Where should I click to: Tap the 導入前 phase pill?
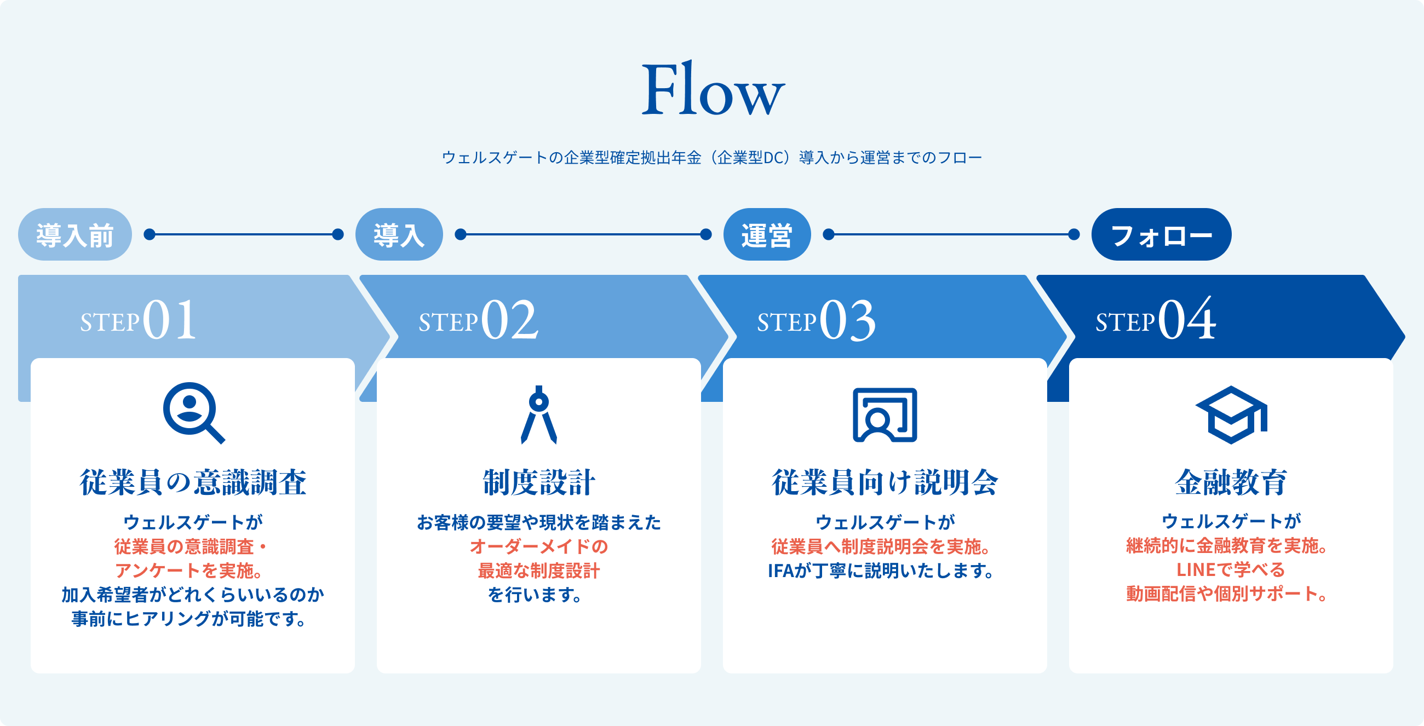tap(74, 234)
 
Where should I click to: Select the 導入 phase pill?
tap(399, 234)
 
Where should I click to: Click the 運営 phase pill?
tap(767, 234)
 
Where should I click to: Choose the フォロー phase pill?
tap(1161, 234)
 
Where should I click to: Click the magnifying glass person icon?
tap(193, 412)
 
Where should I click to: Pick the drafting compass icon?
tap(538, 414)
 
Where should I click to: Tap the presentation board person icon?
tap(885, 414)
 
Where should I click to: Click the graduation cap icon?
tap(1231, 414)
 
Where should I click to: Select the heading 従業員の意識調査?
tap(193, 482)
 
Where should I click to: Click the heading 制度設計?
tap(539, 482)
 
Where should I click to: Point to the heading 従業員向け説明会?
tap(885, 482)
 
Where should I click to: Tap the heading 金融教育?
tap(1231, 482)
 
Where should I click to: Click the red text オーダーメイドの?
tap(539, 546)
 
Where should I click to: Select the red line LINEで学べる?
tap(1231, 569)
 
